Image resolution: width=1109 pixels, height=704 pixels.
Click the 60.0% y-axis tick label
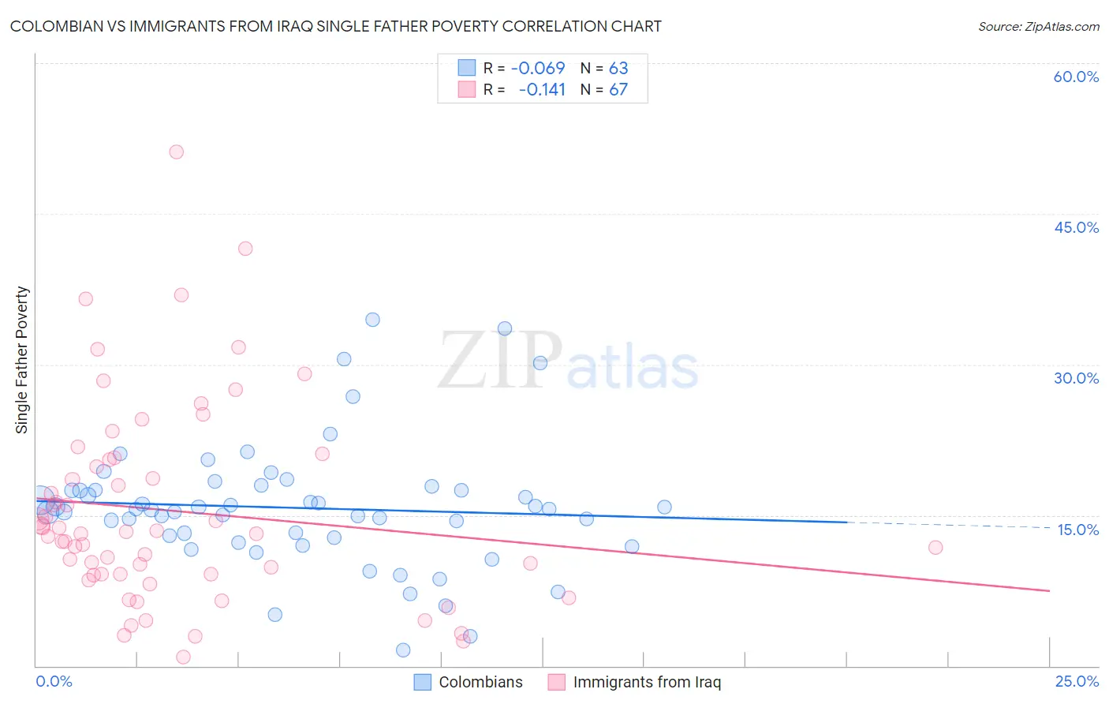(1076, 77)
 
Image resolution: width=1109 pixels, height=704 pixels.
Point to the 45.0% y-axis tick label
(1076, 227)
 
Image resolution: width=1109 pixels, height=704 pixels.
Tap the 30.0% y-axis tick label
(1076, 378)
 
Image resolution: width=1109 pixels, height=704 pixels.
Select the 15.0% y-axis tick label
(1077, 530)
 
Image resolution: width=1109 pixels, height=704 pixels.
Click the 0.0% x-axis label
(54, 681)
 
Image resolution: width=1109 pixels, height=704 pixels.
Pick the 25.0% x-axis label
(1077, 681)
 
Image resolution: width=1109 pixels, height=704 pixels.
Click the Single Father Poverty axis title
(22, 359)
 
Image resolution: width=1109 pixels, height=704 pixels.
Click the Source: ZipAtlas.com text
(1038, 26)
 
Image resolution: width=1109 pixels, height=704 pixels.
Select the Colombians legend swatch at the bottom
(423, 682)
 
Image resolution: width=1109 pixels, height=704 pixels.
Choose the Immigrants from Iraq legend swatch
(557, 682)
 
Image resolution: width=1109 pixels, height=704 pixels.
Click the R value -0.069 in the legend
(538, 68)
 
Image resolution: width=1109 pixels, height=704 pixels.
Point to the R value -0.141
(542, 89)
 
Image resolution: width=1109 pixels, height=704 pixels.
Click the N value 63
(618, 68)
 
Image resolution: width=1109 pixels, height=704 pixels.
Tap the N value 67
(618, 89)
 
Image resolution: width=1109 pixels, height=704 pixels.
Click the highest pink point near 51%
(177, 152)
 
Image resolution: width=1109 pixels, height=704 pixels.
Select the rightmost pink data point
(935, 547)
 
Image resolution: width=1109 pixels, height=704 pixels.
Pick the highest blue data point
(372, 320)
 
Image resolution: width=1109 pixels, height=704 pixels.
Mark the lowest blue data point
(403, 650)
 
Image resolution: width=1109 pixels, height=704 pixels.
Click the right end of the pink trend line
(1049, 590)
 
